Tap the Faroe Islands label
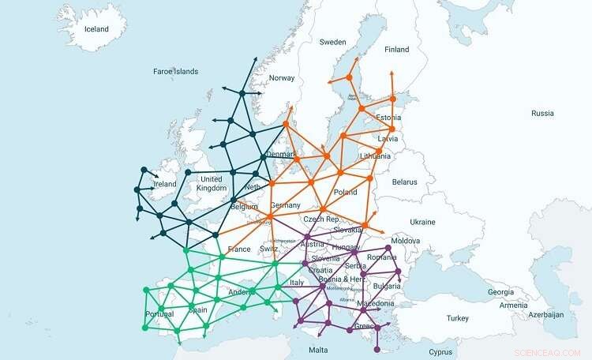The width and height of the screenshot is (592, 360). (x=175, y=71)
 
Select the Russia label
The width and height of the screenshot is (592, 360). (x=542, y=113)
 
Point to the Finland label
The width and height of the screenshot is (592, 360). (x=396, y=50)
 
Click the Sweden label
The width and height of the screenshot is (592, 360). (x=332, y=42)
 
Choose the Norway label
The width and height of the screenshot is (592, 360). (x=282, y=78)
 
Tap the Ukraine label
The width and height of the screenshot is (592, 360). (x=422, y=222)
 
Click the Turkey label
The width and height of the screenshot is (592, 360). (x=457, y=318)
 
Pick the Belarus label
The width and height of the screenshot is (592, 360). (x=403, y=182)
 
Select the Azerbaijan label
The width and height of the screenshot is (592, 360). (x=546, y=314)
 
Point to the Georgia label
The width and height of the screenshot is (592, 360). (x=500, y=292)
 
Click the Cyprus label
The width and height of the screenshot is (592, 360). (x=441, y=351)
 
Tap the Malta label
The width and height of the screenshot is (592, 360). (x=318, y=349)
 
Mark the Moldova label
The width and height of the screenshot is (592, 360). (x=405, y=240)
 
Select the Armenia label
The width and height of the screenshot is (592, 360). (x=513, y=305)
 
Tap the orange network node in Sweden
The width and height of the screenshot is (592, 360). (x=349, y=77)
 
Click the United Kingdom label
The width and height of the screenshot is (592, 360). (x=212, y=183)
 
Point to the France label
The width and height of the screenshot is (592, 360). (x=238, y=249)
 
